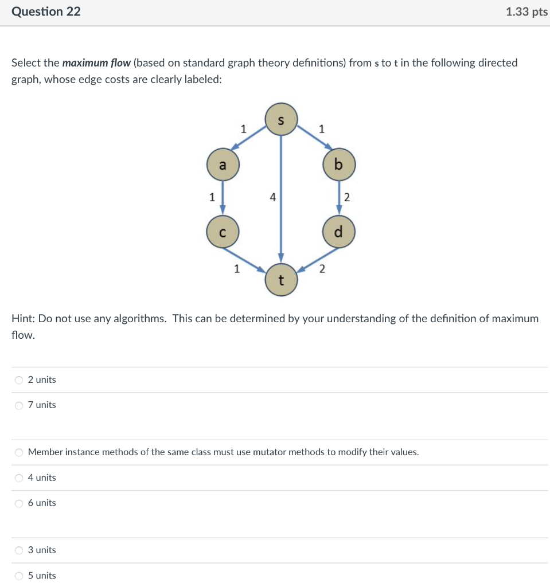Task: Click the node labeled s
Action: coord(281,119)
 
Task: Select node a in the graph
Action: coord(223,165)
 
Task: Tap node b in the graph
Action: coord(338,165)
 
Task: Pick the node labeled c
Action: coord(223,232)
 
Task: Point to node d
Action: coord(338,232)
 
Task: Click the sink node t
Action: coord(281,280)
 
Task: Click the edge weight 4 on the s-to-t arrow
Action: coord(273,197)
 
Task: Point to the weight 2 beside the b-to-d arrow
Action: coord(346,198)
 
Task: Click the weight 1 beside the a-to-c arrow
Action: coord(212,197)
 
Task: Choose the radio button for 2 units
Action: coord(19,380)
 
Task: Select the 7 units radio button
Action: coord(19,405)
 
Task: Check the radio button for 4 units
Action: coord(19,478)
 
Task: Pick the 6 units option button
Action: coord(19,503)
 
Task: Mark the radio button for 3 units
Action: coord(19,550)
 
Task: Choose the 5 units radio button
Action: coord(19,576)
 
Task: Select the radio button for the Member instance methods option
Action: coord(19,452)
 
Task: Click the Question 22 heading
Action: coord(46,11)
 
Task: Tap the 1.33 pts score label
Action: coord(526,12)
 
